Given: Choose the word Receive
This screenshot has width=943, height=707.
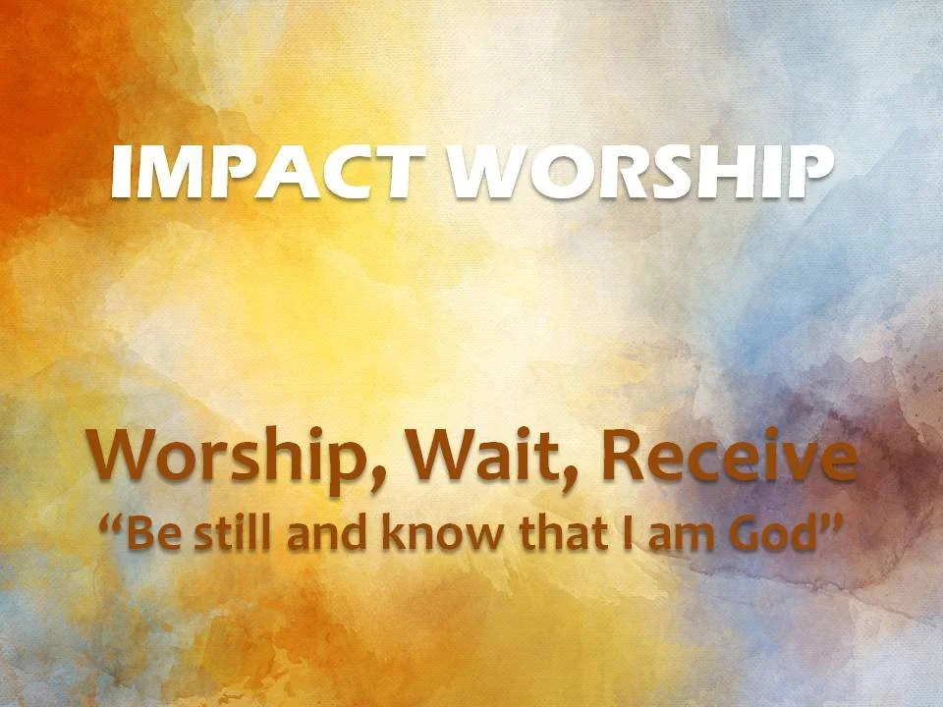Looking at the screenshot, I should tap(728, 457).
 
